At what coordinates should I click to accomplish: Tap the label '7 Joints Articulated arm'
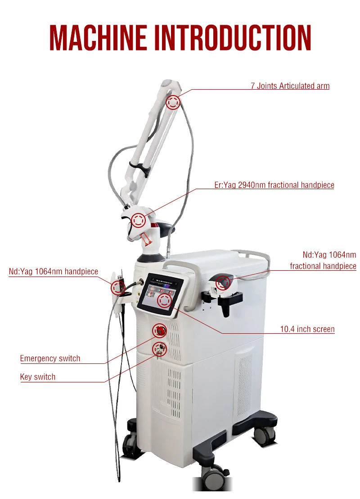coord(290,86)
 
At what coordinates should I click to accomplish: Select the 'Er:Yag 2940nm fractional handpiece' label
coord(274,185)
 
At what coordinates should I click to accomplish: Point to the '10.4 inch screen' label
coord(307,329)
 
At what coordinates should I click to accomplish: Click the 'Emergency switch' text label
coord(50,358)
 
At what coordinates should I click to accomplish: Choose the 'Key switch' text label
coord(38,377)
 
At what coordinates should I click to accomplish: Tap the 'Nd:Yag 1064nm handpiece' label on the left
coord(53,271)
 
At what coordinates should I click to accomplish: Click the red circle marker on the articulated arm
coord(173,102)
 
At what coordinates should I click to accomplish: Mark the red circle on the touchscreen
coord(164,300)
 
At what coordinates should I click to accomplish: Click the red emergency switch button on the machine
coord(159,331)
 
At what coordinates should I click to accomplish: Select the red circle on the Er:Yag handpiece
coord(139,221)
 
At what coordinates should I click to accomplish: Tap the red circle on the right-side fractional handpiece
coord(223,283)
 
